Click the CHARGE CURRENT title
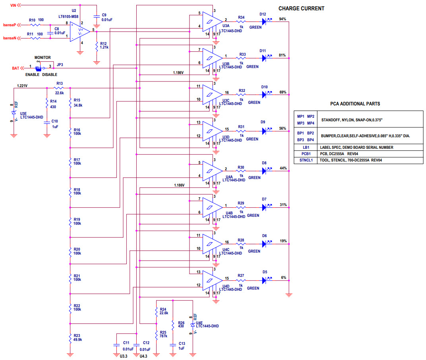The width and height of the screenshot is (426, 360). (301, 8)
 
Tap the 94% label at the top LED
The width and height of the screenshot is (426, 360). (283, 19)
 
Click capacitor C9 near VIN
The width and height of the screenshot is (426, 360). (97, 17)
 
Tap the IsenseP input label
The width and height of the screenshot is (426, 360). (10, 25)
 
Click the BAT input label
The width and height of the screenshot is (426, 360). (15, 68)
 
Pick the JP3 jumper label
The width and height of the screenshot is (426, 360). (60, 64)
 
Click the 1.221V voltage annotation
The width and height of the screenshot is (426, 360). (23, 85)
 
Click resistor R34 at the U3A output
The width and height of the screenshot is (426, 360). (241, 22)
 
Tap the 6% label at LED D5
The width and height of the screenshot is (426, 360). (283, 278)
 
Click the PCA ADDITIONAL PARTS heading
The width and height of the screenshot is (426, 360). (355, 104)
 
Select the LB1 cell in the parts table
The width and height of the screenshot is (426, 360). (306, 148)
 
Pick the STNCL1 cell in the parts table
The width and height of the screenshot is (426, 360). (306, 160)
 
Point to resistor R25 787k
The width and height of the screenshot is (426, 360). (157, 334)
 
